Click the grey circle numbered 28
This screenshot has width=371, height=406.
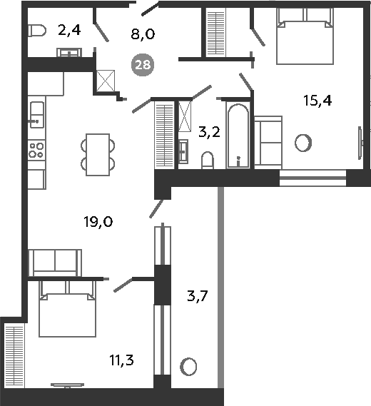(x=143, y=64)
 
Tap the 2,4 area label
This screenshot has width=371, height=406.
(x=69, y=30)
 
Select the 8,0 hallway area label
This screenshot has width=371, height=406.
(x=143, y=34)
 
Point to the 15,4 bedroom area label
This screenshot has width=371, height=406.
(x=317, y=101)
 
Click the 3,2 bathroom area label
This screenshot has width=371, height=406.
(x=209, y=132)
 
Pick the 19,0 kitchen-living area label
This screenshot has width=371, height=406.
(x=98, y=222)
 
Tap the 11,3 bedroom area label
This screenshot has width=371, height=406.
(x=121, y=360)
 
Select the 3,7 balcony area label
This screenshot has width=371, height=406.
(x=198, y=295)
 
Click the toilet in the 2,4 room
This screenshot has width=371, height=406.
(x=37, y=31)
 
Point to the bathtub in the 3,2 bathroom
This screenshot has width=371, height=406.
(x=238, y=136)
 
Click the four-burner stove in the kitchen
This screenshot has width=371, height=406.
(x=36, y=151)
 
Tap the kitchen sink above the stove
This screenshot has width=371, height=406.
(x=37, y=115)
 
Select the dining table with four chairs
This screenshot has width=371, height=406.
(x=98, y=155)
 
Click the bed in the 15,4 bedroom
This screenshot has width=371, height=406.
(x=305, y=36)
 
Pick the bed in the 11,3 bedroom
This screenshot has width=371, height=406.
(x=68, y=309)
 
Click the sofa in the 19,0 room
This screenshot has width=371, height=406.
(x=55, y=263)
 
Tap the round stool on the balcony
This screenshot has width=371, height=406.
(x=188, y=367)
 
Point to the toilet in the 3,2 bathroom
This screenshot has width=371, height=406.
(x=208, y=161)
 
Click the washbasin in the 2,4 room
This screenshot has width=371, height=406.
(x=69, y=52)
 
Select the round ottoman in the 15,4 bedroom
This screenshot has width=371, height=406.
(x=303, y=143)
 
